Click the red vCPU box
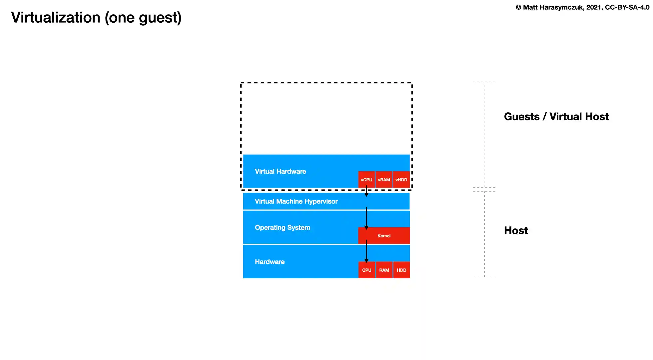pos(366,179)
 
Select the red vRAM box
pos(384,179)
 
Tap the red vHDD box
pos(401,179)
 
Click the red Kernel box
pos(384,236)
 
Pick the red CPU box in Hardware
pos(366,270)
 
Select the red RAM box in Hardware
pos(384,270)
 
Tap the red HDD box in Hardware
pos(401,270)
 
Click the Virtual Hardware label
pos(280,171)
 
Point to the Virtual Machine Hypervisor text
pos(296,201)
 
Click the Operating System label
pos(282,228)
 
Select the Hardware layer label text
pos(270,262)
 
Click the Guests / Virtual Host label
pos(556,117)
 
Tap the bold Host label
pos(516,231)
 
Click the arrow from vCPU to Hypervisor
pos(366,192)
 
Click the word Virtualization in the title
pos(56,17)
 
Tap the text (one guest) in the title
pos(143,18)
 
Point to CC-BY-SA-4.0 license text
pos(627,7)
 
